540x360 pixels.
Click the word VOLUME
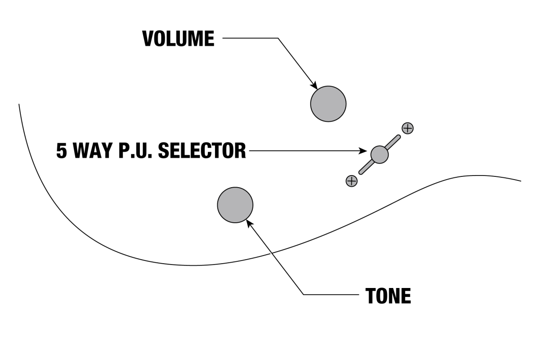[x=178, y=39]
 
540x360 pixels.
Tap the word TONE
[x=388, y=296]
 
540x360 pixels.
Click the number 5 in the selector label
[x=61, y=150]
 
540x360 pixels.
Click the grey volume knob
[x=328, y=104]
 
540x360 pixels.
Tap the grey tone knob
[x=235, y=205]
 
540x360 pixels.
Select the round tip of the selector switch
[x=379, y=154]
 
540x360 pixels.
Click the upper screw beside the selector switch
[x=407, y=128]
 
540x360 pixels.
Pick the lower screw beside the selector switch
[x=351, y=181]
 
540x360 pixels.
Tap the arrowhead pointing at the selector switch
[x=366, y=151]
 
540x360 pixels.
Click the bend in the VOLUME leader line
[x=278, y=39]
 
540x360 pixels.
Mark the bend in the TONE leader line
[x=304, y=295]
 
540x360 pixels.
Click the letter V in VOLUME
[x=148, y=39]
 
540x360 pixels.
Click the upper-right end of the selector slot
[x=397, y=137]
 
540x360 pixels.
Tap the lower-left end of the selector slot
[x=361, y=172]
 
